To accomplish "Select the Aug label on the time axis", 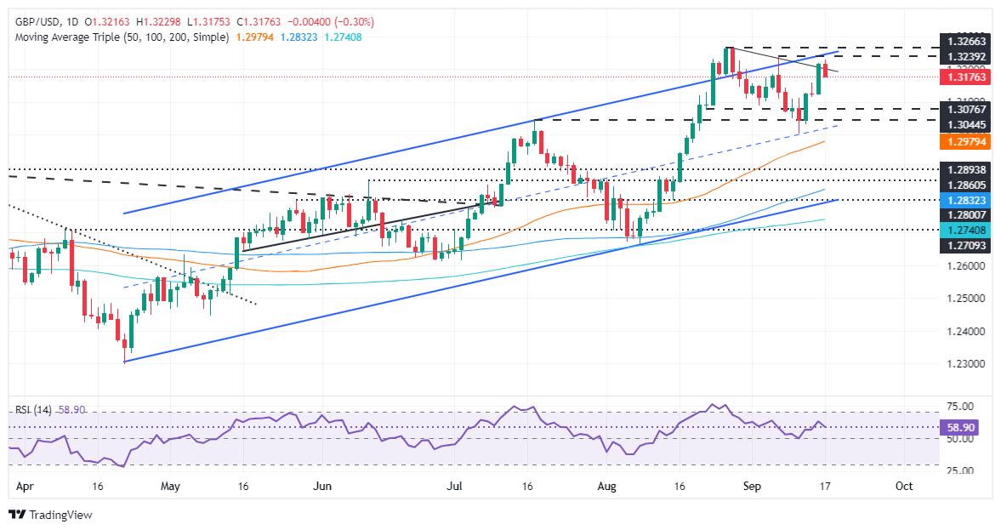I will tap(606, 487).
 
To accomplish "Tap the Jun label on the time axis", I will tap(322, 487).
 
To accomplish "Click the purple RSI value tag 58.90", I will tap(961, 428).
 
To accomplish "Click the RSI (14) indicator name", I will tap(33, 409).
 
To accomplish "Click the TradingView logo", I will tap(50, 515).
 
